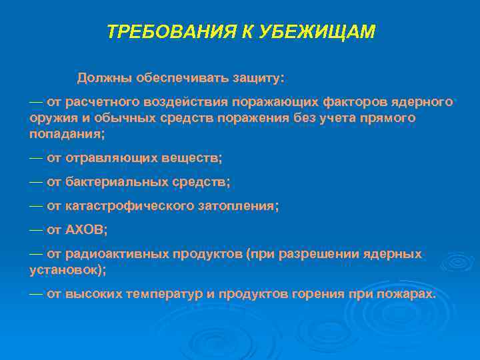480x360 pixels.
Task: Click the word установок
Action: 65,270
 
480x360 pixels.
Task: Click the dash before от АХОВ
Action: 36,230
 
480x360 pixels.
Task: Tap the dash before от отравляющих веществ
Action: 36,158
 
